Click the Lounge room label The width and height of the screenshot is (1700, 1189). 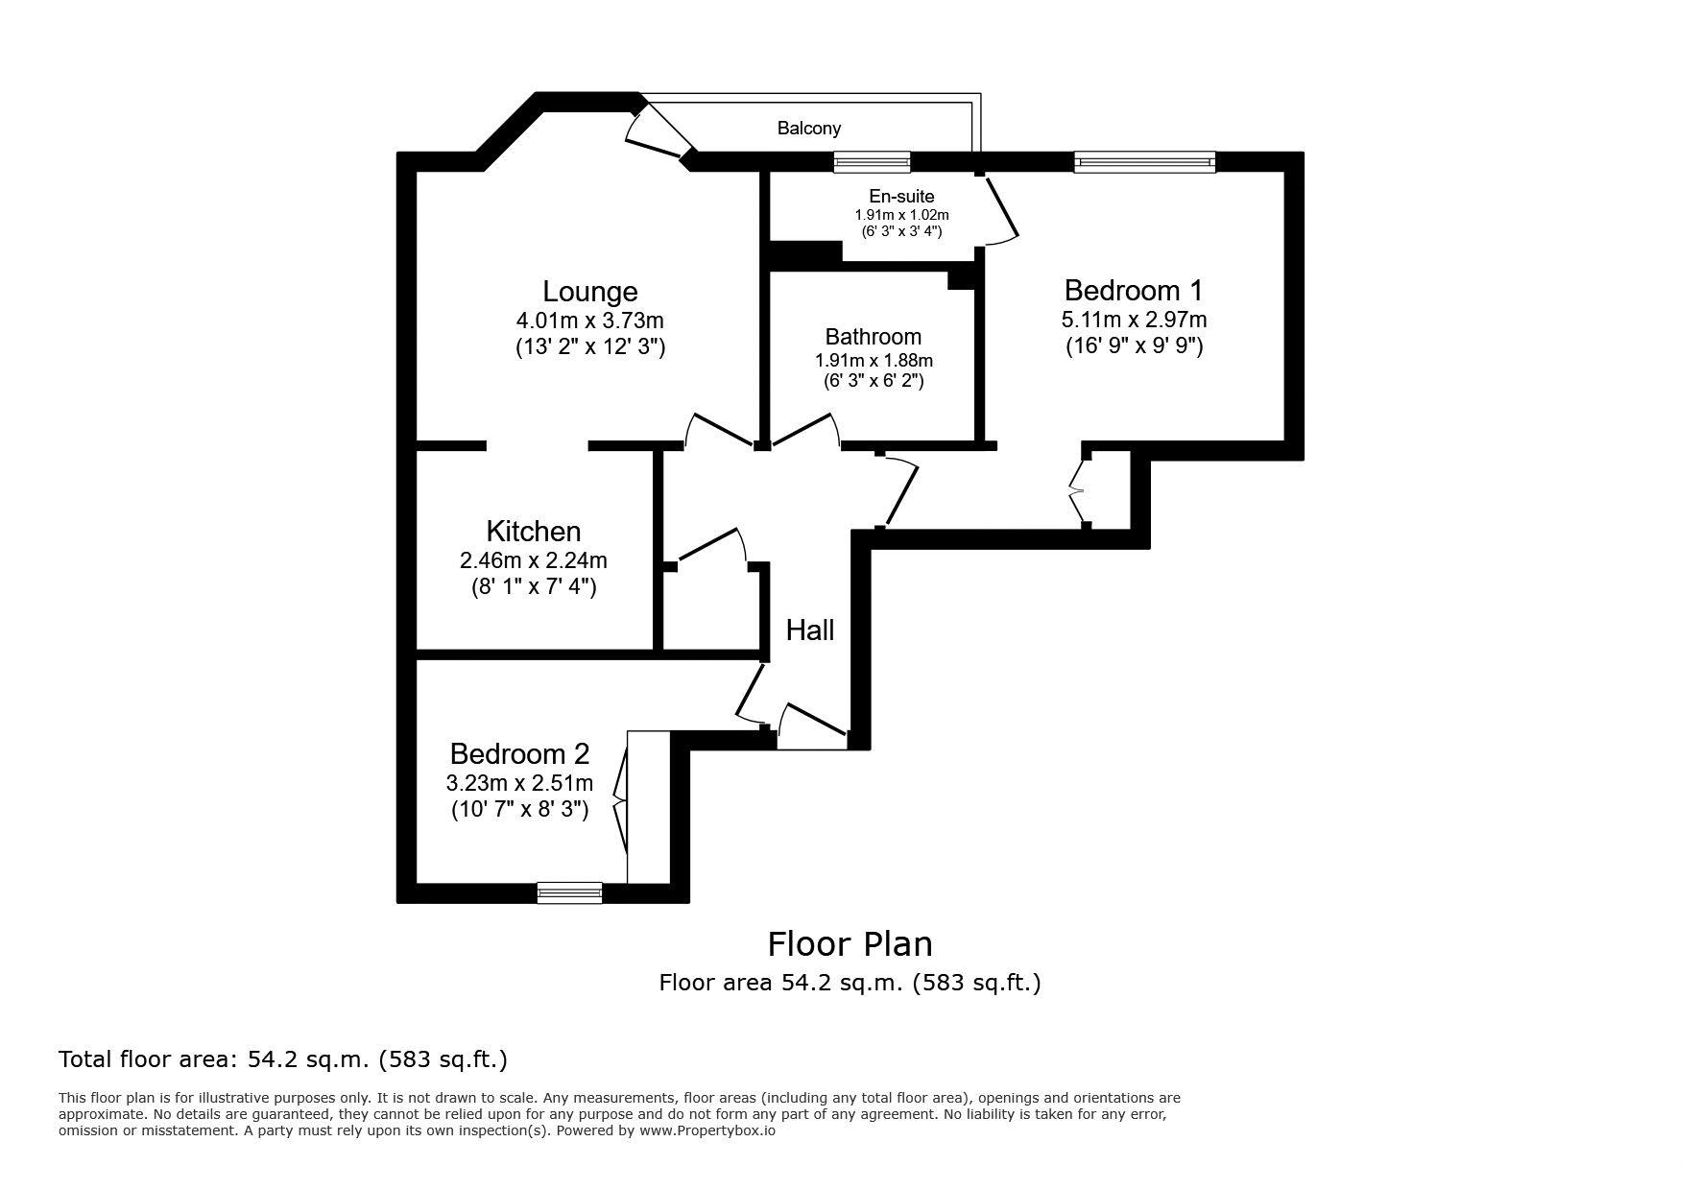coord(589,292)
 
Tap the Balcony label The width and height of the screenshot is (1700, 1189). coord(808,128)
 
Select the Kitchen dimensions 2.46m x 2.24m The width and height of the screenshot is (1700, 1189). coord(533,559)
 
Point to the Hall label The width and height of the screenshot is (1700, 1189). coord(809,630)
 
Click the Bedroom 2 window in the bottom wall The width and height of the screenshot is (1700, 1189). coord(569,892)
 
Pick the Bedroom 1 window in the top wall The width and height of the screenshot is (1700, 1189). coord(1144,162)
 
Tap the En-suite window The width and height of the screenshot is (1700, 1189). coord(872,162)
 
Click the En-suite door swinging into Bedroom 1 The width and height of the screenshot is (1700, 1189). coord(998,208)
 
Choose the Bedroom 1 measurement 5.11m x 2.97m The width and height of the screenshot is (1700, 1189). coord(1134,320)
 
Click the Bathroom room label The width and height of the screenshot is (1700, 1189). coord(873,337)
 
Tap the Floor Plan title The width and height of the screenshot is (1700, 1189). coord(850,944)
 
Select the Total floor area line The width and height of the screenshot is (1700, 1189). coord(283,1059)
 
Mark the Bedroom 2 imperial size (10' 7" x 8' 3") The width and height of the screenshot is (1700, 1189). coord(519,810)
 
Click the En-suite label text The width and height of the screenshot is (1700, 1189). coord(901,197)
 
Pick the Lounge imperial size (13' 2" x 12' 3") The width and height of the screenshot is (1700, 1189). coord(589,347)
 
